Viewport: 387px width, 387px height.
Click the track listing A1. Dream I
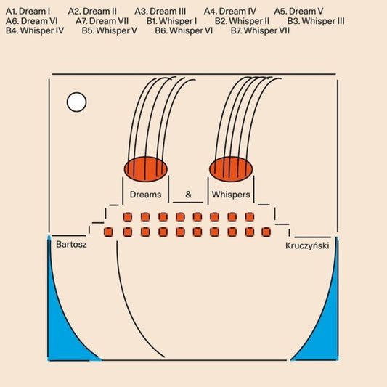pos(28,12)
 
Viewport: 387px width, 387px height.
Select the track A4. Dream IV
pos(230,12)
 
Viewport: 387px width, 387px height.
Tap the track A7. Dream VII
pos(102,21)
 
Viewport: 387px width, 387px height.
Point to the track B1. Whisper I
pos(172,21)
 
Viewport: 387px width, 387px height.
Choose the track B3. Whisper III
pos(316,21)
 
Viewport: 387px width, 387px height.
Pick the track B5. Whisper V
pos(110,30)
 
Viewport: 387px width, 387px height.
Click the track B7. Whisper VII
pos(260,30)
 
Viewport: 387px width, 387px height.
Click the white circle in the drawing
pos(76,102)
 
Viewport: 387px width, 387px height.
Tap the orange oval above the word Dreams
pos(146,169)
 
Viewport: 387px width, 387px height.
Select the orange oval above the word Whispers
pos(231,169)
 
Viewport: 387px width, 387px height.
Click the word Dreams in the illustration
pos(146,195)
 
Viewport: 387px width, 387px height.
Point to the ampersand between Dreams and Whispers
pos(188,195)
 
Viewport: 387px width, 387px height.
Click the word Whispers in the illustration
pos(231,195)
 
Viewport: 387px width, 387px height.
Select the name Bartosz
pos(71,245)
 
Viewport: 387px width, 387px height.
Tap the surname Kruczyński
pos(307,246)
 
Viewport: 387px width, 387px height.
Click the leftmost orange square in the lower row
pos(108,232)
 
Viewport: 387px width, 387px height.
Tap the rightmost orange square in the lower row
pos(266,232)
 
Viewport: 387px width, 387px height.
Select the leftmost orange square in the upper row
pos(128,217)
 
